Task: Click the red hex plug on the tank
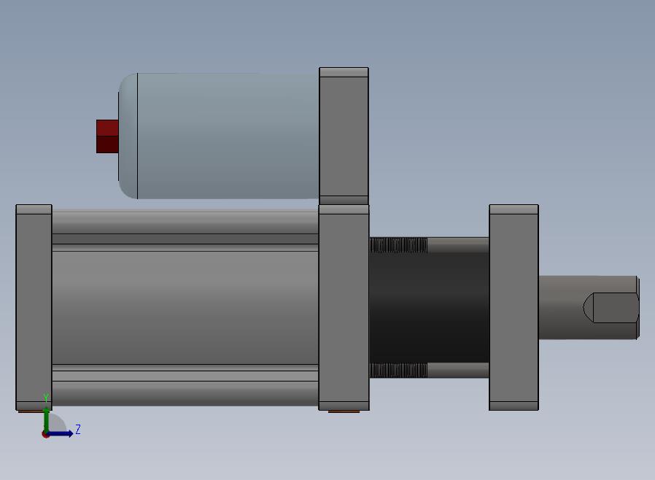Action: (x=107, y=136)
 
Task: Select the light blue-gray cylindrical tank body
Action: (x=228, y=136)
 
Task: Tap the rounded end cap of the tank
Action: (x=128, y=136)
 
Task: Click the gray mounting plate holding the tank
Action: (x=344, y=136)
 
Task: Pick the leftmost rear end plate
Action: (x=34, y=307)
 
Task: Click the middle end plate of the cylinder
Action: (x=344, y=307)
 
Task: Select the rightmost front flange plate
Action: (x=513, y=307)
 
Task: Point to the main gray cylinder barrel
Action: (x=185, y=307)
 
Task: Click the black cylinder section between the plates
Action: (x=429, y=307)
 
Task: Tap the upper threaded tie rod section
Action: (x=398, y=245)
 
